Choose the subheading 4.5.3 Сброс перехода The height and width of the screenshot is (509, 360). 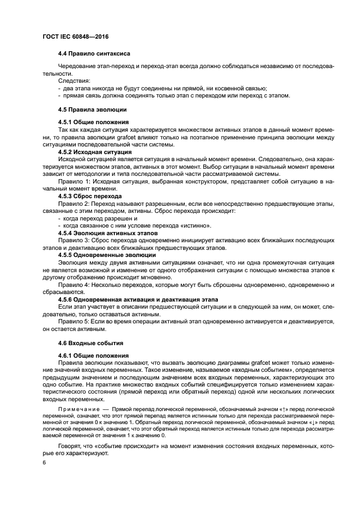pyautogui.click(x=90, y=195)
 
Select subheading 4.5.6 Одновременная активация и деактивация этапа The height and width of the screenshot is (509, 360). pyautogui.click(x=138, y=299)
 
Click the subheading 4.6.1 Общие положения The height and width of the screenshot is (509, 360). pyautogui.click(x=93, y=355)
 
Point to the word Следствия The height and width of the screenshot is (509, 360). pyautogui.click(x=76, y=81)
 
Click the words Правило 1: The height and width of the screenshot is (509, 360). pyautogui.click(x=76, y=181)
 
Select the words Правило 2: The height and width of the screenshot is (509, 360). pyautogui.click(x=76, y=203)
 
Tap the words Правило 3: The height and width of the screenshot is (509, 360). pyautogui.click(x=76, y=240)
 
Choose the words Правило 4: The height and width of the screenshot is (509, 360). pyautogui.click(x=76, y=285)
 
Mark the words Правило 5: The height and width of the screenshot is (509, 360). pyautogui.click(x=76, y=322)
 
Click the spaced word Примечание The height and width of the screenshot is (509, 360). pyautogui.click(x=80, y=408)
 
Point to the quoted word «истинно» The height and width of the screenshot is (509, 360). pyautogui.click(x=194, y=225)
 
